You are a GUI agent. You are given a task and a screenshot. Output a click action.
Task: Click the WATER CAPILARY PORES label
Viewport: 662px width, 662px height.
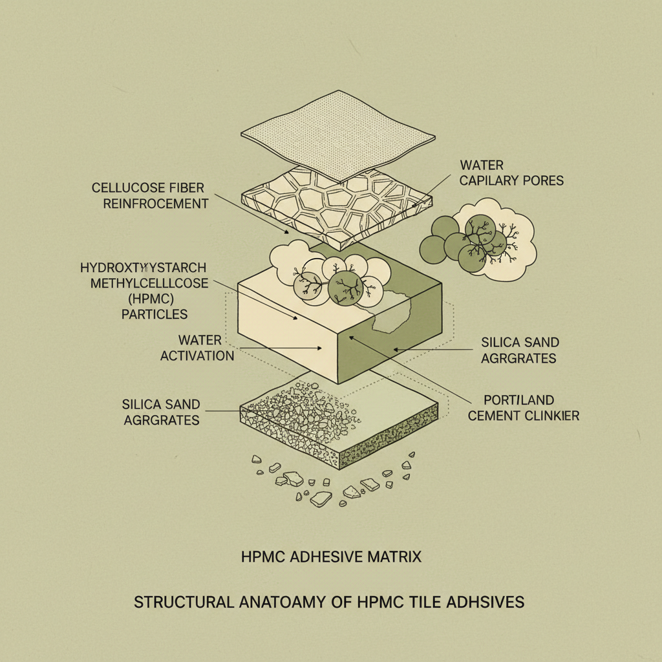pyautogui.click(x=511, y=173)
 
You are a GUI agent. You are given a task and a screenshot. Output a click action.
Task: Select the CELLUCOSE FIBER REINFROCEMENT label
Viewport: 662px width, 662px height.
pyautogui.click(x=150, y=195)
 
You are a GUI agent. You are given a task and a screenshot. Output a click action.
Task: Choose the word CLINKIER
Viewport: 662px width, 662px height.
pyautogui.click(x=551, y=416)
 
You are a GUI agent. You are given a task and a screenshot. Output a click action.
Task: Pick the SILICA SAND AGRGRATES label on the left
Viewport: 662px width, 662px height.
pyautogui.click(x=161, y=412)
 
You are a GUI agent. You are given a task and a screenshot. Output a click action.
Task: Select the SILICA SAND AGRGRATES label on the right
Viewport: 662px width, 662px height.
pyautogui.click(x=520, y=350)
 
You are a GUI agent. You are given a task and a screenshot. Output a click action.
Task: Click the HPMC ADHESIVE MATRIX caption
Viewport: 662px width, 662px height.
pyautogui.click(x=330, y=556)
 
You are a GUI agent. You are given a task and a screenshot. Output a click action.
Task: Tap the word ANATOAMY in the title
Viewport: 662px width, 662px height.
pyautogui.click(x=294, y=602)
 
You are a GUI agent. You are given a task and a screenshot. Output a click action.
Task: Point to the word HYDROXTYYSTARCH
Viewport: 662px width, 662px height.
pyautogui.click(x=144, y=266)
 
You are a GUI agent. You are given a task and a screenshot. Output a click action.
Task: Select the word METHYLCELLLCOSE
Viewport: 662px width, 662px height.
pyautogui.click(x=149, y=283)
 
